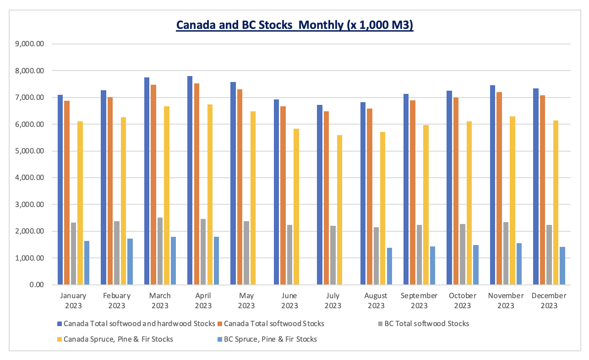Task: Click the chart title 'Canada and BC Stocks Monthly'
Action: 294,25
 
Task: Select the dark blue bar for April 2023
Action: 190,180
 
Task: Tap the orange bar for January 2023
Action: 67,192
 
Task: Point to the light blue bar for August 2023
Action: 389,266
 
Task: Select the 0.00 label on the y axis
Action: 36,285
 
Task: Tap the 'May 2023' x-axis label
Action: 246,300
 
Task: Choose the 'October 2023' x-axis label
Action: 463,300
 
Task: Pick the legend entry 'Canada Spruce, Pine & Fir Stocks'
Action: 118,339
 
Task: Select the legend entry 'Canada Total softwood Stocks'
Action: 274,323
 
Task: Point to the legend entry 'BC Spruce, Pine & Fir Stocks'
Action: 270,339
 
